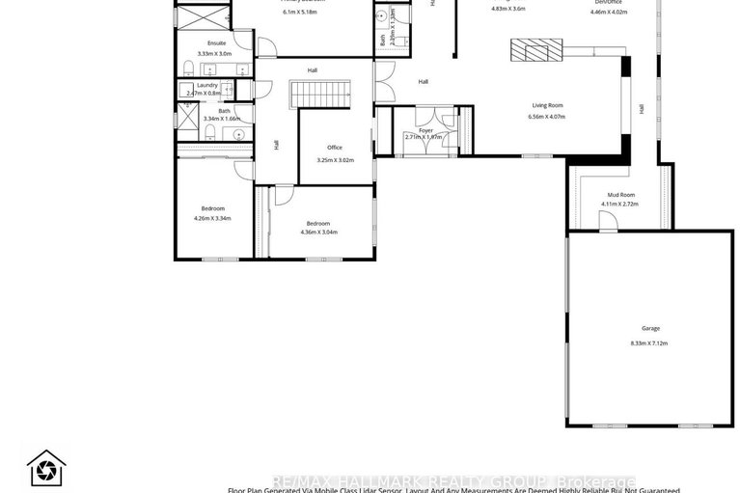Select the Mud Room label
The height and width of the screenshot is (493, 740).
pyautogui.click(x=620, y=195)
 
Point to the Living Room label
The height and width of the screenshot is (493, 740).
pyautogui.click(x=547, y=105)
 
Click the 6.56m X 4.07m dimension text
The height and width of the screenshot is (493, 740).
pyautogui.click(x=547, y=117)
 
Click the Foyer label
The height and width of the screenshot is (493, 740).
pyautogui.click(x=425, y=129)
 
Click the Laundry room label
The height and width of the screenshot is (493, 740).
pyautogui.click(x=207, y=85)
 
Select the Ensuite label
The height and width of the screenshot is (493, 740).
pyautogui.click(x=216, y=43)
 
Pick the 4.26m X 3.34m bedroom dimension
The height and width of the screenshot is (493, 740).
pyautogui.click(x=212, y=218)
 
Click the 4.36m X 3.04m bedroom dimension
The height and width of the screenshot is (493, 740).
pyautogui.click(x=318, y=232)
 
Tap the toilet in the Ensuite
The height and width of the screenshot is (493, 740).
pyautogui.click(x=191, y=68)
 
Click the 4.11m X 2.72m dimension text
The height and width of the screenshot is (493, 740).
pyautogui.click(x=620, y=205)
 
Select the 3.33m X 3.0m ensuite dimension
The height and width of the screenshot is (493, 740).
pyautogui.click(x=214, y=54)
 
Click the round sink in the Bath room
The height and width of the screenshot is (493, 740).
pyautogui.click(x=237, y=134)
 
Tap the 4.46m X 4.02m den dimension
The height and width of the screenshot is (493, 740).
pyautogui.click(x=609, y=13)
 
